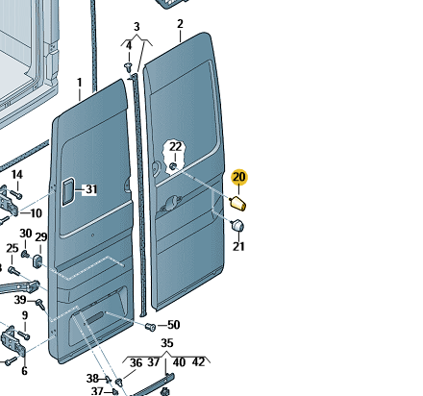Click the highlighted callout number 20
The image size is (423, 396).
(x=239, y=177)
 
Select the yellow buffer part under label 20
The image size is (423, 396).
(x=238, y=204)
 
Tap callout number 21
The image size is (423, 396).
(x=238, y=246)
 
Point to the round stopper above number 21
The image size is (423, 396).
(x=237, y=225)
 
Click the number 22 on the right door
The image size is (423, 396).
(x=175, y=147)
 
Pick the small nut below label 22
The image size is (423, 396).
(x=173, y=166)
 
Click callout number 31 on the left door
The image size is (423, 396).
(x=91, y=189)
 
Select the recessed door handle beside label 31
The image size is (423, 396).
(x=67, y=192)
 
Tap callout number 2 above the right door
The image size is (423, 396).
(x=180, y=24)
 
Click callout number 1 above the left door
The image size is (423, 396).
(x=80, y=83)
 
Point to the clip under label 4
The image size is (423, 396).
(x=128, y=67)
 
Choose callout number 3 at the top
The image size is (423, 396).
(x=137, y=27)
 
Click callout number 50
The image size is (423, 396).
(x=174, y=325)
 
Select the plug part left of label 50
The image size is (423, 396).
(x=150, y=327)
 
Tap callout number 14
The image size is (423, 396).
(x=17, y=175)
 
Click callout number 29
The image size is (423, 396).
(x=41, y=237)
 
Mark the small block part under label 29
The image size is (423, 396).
(x=37, y=260)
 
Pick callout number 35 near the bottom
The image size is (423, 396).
(x=167, y=343)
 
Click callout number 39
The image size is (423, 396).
(x=20, y=300)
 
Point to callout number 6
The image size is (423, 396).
(x=24, y=371)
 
